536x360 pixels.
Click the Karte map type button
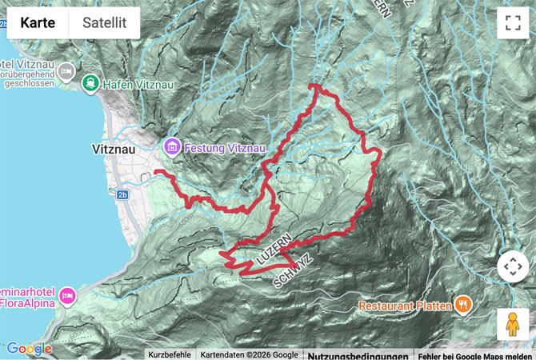coord(38,23)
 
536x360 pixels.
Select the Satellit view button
coord(104,23)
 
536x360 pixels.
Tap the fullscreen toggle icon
coord(512,23)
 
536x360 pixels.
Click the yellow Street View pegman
coord(512,324)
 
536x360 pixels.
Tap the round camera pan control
coord(512,267)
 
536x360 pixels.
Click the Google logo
coord(29,349)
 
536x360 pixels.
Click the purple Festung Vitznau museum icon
coord(171,147)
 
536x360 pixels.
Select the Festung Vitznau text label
coord(224,148)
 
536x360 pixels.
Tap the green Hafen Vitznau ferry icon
coord(91,82)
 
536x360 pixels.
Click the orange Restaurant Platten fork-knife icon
coord(462,305)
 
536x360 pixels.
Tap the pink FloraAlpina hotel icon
coord(67,296)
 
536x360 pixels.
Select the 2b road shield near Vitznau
coord(122,194)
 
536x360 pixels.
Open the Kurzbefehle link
coord(170,354)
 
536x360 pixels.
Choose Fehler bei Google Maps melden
coord(475,354)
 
